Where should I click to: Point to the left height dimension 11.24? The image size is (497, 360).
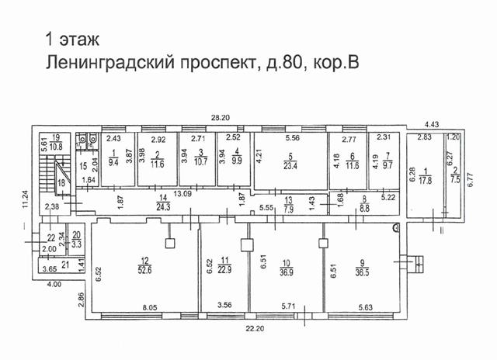25,201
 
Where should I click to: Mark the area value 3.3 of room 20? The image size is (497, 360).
77,243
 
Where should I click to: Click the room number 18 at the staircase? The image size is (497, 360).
60,181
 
